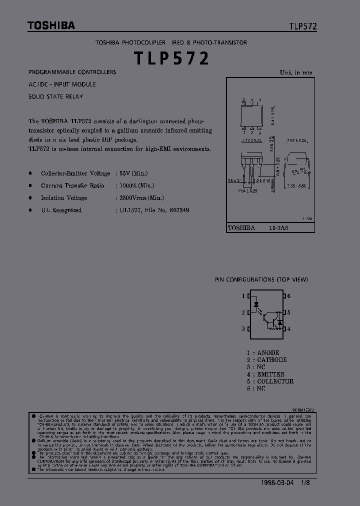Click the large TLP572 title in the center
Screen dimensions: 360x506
[171, 58]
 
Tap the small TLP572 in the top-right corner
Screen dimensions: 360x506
[302, 27]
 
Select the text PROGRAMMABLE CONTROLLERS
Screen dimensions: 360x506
[72, 72]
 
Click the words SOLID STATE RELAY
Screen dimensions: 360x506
[56, 96]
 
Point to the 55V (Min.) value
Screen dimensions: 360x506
[131, 173]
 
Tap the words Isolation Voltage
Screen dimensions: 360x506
[64, 198]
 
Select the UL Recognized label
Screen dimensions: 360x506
[61, 210]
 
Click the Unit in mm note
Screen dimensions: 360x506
[296, 72]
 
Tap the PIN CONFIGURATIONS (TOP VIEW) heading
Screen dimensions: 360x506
[261, 279]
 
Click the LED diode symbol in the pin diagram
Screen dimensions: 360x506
[256, 303]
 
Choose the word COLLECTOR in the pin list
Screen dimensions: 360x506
[275, 381]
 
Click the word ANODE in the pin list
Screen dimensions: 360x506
[268, 352]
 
